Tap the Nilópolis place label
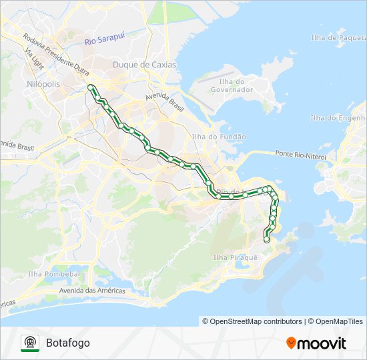point(43,85)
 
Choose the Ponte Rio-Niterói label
point(300,155)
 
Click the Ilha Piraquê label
point(235,257)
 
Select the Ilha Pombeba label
point(53,273)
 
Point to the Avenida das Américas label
point(92,291)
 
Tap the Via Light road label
point(33,59)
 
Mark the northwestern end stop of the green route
point(90,86)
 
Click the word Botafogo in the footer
point(68,343)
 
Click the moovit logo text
point(322,343)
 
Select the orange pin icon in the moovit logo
point(291,343)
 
